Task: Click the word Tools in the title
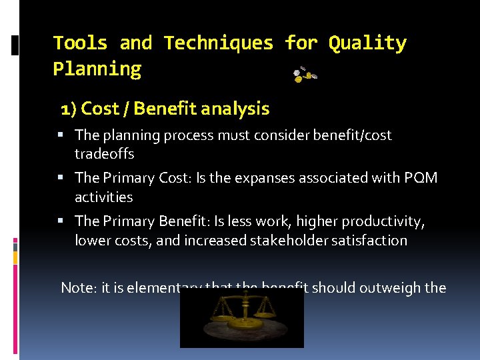80,43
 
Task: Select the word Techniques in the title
219,43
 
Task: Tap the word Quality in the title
367,43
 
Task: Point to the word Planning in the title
97,69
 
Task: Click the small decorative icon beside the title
305,75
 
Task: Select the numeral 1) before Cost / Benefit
69,109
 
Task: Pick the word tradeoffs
104,154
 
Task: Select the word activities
103,197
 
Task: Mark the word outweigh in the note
389,288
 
